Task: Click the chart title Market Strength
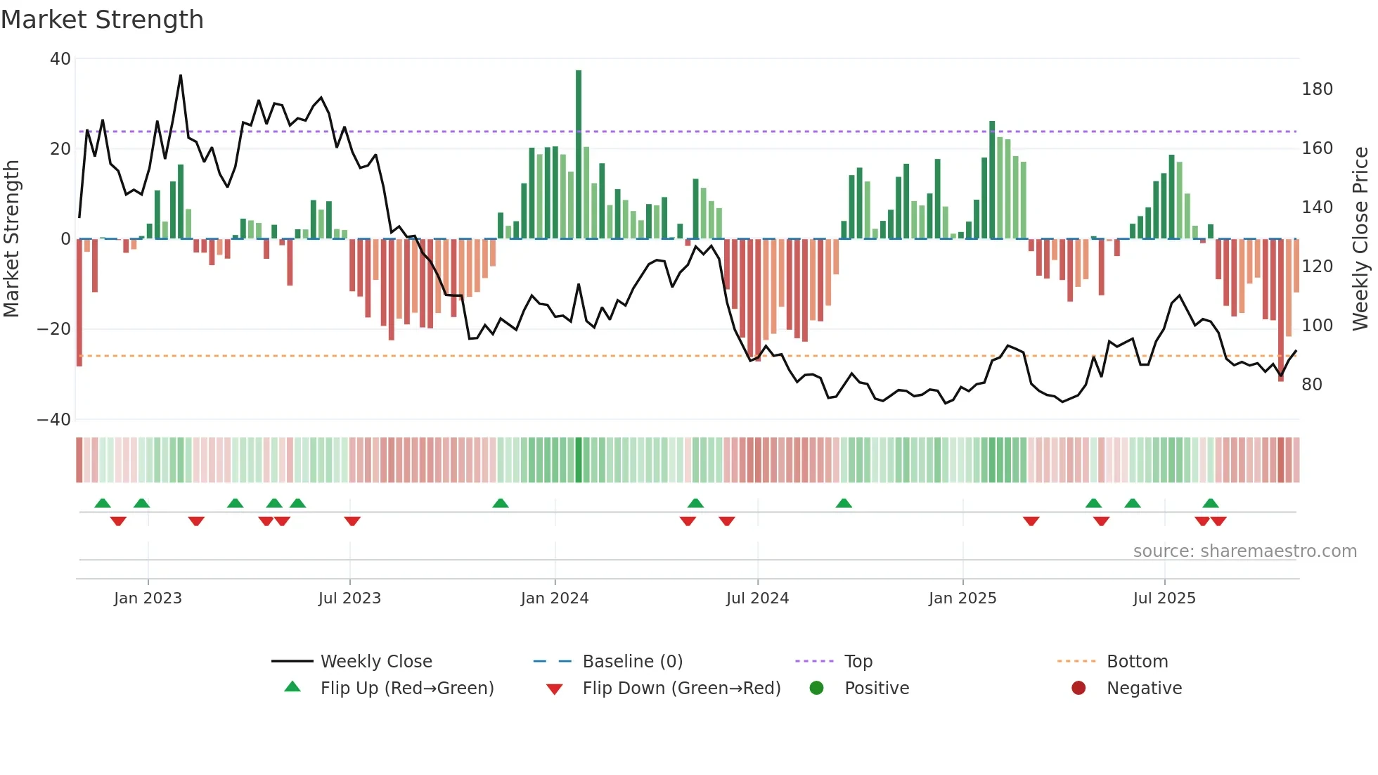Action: click(x=102, y=20)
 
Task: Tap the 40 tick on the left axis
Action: click(x=60, y=59)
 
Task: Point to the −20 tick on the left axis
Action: click(x=54, y=329)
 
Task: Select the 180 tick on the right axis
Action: click(x=1317, y=89)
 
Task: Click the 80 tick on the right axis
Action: click(x=1312, y=385)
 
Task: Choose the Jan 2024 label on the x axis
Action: click(x=555, y=598)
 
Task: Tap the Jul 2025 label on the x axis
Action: click(x=1164, y=598)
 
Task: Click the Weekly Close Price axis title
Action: click(x=1361, y=239)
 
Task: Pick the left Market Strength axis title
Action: click(x=12, y=239)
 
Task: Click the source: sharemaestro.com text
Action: click(x=1244, y=551)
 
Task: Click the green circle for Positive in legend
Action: click(x=816, y=688)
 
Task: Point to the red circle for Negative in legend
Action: click(x=1078, y=688)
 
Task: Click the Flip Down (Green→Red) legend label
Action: click(x=681, y=688)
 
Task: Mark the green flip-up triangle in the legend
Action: click(x=292, y=687)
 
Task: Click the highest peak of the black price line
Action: click(x=181, y=75)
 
